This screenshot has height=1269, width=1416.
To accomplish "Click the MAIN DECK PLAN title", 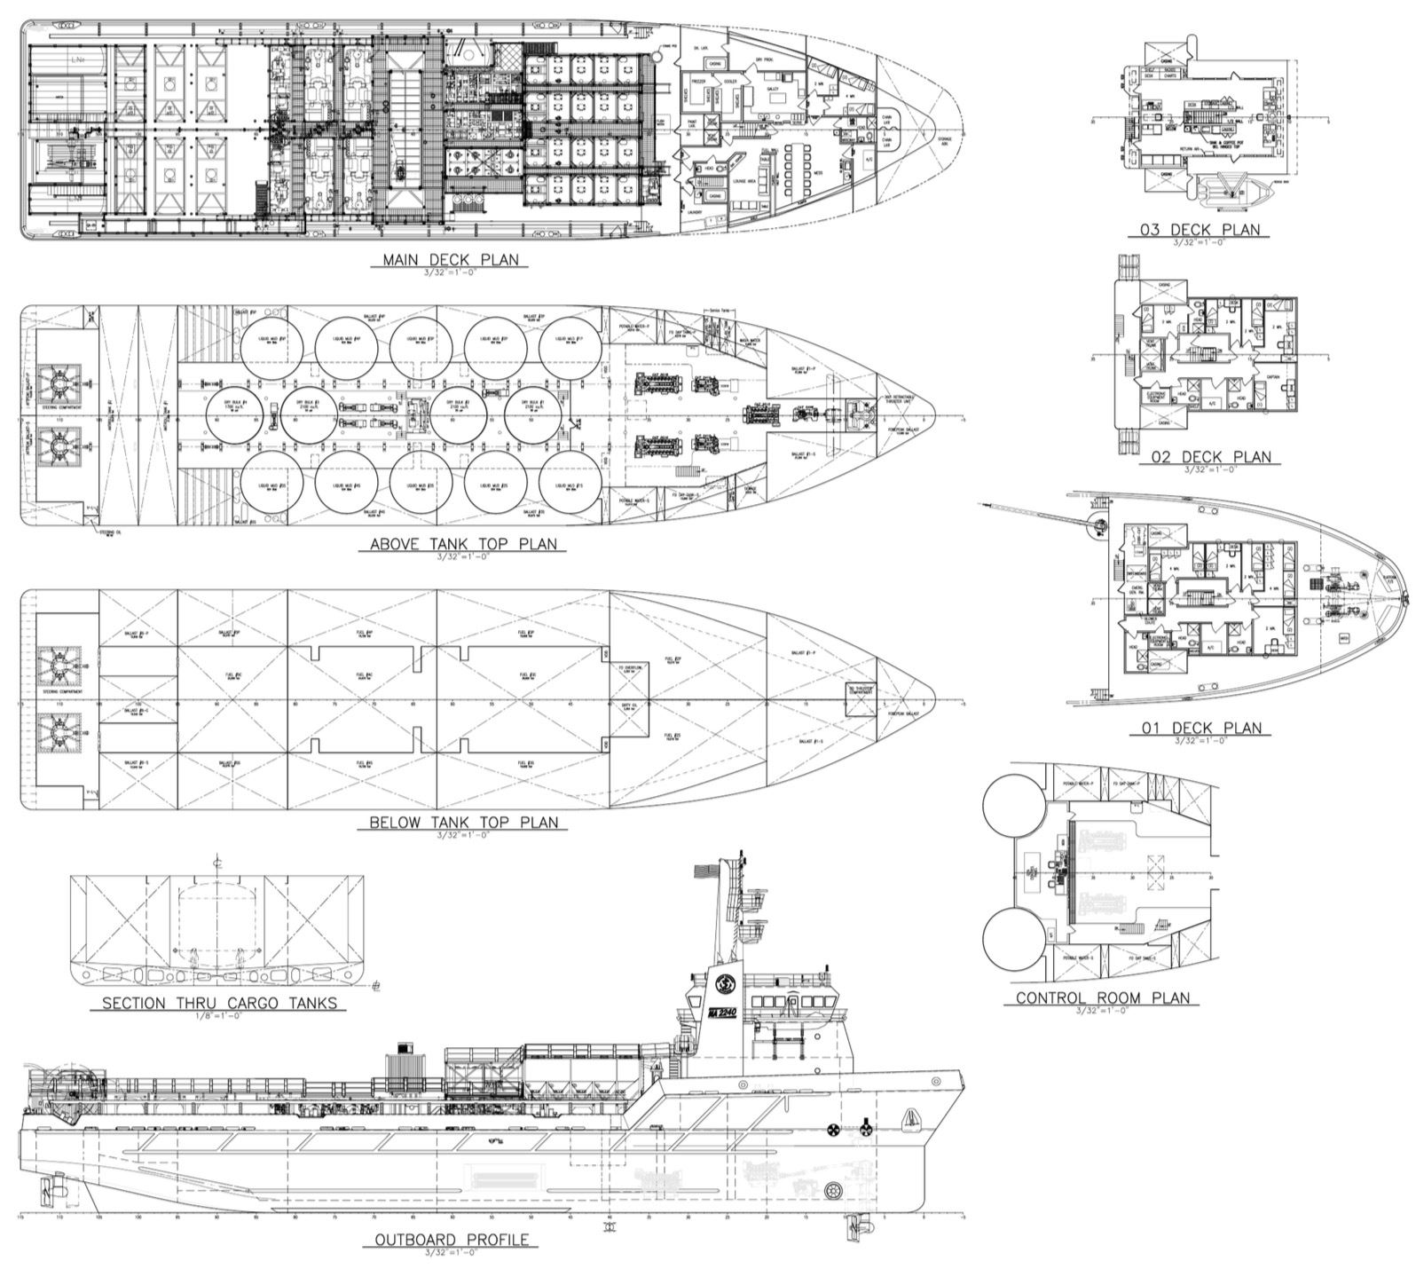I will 450,260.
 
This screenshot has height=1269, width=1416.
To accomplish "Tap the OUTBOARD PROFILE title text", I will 451,1240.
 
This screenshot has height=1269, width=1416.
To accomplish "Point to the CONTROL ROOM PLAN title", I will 1103,997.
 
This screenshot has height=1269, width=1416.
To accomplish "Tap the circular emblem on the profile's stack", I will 723,983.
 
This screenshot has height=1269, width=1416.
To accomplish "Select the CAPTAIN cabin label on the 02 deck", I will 1272,376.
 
